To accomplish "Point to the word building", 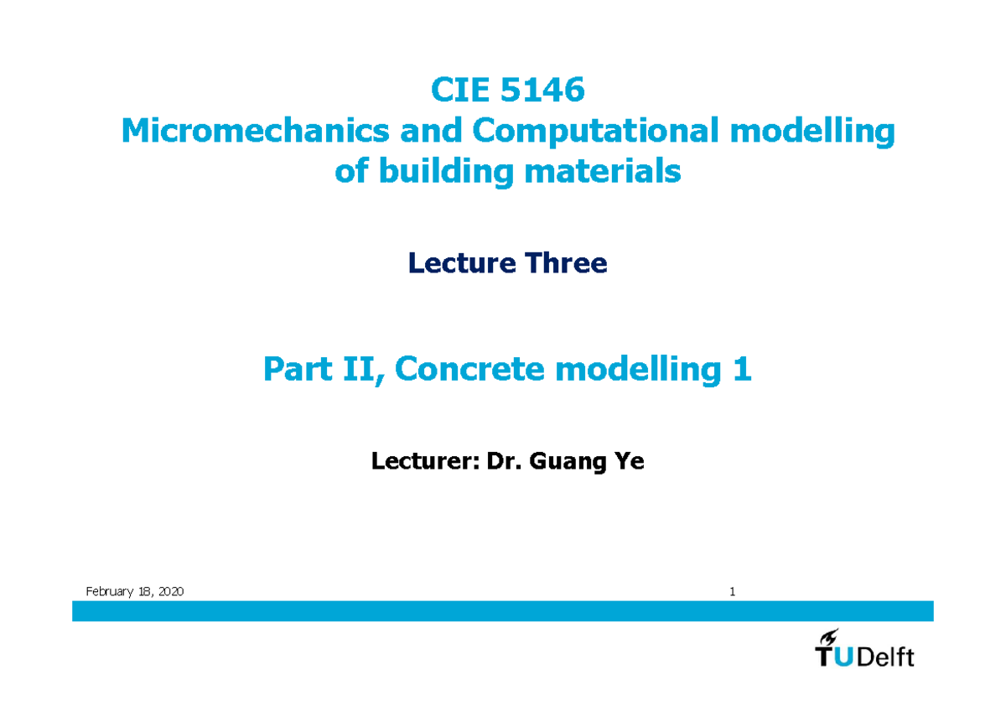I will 447,172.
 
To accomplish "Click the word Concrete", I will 474,369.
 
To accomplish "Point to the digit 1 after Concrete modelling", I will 741,369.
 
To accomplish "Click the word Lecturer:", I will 420,461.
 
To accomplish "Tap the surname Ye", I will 629,461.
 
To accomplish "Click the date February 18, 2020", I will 135,592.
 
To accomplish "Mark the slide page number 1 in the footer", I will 732,592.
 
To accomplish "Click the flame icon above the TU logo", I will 830,638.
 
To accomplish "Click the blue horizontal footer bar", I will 503,610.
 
